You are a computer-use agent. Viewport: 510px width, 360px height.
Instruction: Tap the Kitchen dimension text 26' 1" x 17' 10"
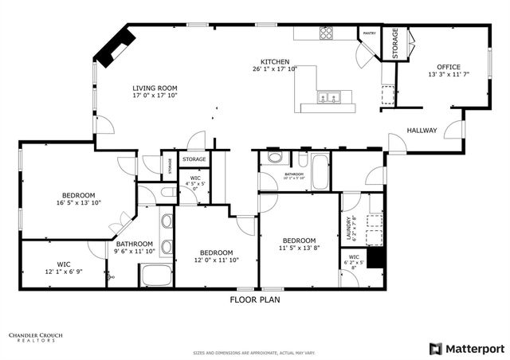tap(274, 69)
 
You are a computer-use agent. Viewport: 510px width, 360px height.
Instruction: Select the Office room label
tap(446, 67)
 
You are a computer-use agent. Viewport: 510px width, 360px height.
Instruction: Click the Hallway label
tap(422, 131)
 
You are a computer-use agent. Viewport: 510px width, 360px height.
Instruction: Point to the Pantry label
tap(369, 33)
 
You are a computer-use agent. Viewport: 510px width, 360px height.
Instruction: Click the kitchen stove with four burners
tap(326, 33)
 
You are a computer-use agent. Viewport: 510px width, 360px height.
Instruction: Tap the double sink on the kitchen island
tap(328, 98)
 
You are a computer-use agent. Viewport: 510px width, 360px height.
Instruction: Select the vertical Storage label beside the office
tap(394, 43)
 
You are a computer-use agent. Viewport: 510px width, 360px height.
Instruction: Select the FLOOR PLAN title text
tap(254, 300)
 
